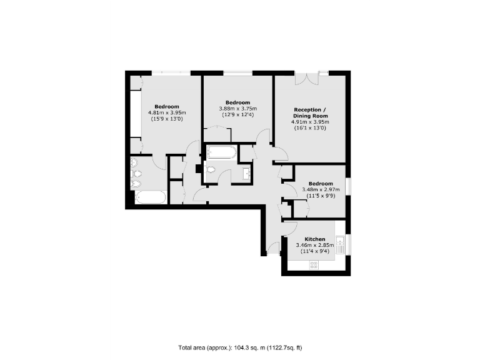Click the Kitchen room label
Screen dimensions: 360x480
[x=314, y=239]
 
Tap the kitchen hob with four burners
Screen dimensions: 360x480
[x=314, y=265]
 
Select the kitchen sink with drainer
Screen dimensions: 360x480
[x=341, y=244]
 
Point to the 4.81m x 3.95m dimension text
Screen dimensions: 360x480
[x=167, y=112]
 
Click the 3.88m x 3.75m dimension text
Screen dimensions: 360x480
[x=237, y=109]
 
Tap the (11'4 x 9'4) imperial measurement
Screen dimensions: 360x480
[x=314, y=252]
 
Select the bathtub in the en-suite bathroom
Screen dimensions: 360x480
[x=151, y=199]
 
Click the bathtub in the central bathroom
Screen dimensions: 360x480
[x=221, y=152]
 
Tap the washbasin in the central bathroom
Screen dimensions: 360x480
[x=246, y=173]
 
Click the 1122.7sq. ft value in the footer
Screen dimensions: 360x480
[x=284, y=347]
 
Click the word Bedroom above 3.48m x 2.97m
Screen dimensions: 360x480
[x=321, y=183]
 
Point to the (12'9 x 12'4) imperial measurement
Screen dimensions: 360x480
[x=237, y=115]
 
